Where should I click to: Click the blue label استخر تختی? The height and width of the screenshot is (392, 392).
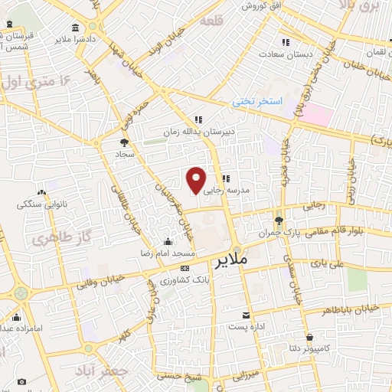pyautogui.click(x=258, y=102)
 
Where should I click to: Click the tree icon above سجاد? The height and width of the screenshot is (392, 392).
pyautogui.click(x=124, y=142)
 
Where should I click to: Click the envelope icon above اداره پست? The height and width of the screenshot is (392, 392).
pyautogui.click(x=246, y=315)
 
